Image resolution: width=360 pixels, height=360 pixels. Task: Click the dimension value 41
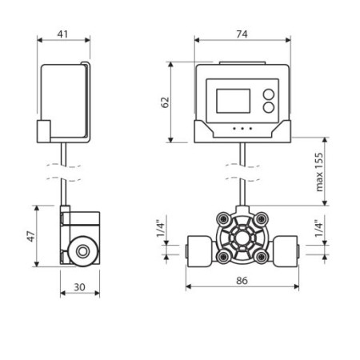pyautogui.click(x=62, y=34)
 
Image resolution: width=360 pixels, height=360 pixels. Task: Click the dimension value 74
pyautogui.click(x=242, y=34)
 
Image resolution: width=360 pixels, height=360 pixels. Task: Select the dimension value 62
pyautogui.click(x=166, y=102)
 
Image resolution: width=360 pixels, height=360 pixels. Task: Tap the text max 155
pyautogui.click(x=319, y=172)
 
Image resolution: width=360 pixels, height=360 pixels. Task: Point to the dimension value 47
pyautogui.click(x=31, y=236)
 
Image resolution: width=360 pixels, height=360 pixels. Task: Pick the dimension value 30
pyautogui.click(x=79, y=287)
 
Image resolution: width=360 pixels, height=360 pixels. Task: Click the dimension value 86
pyautogui.click(x=242, y=281)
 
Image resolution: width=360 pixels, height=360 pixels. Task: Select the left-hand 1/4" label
pyautogui.click(x=161, y=228)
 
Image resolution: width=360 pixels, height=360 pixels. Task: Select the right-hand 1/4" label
pyautogui.click(x=318, y=228)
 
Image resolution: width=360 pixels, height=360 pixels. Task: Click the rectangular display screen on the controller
pyautogui.click(x=234, y=101)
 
